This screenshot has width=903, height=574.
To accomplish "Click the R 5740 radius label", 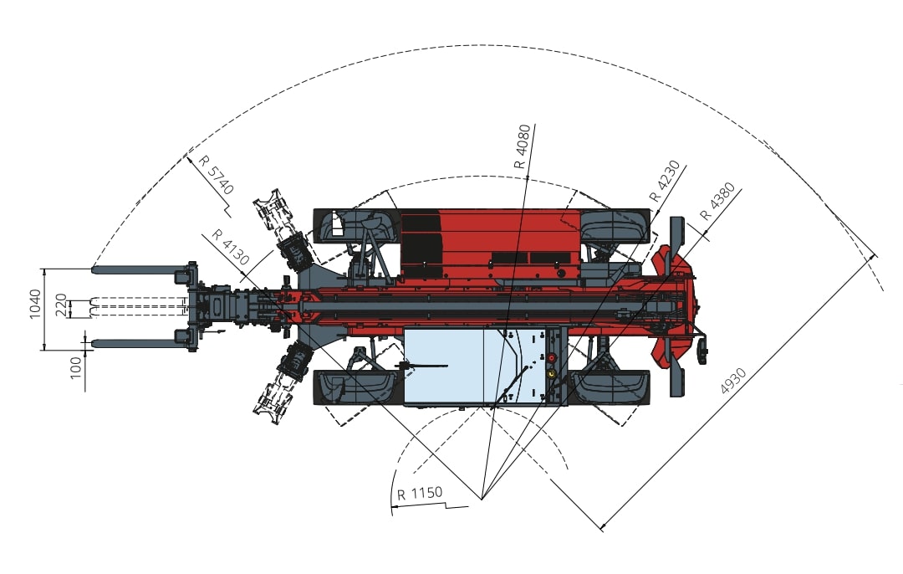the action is (216, 175).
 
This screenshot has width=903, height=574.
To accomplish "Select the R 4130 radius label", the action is (231, 247).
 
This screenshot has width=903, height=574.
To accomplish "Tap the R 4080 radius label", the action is (523, 146).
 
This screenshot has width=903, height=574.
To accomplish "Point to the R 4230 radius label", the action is (665, 181).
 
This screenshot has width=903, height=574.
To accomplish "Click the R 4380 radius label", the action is (717, 202).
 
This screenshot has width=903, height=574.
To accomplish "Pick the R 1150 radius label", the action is (420, 494).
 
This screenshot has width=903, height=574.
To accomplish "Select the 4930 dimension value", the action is (733, 381).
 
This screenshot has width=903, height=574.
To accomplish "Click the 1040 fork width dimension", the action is (35, 304).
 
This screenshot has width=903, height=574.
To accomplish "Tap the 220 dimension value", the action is (61, 305).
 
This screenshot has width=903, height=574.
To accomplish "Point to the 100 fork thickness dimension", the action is (75, 367).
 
